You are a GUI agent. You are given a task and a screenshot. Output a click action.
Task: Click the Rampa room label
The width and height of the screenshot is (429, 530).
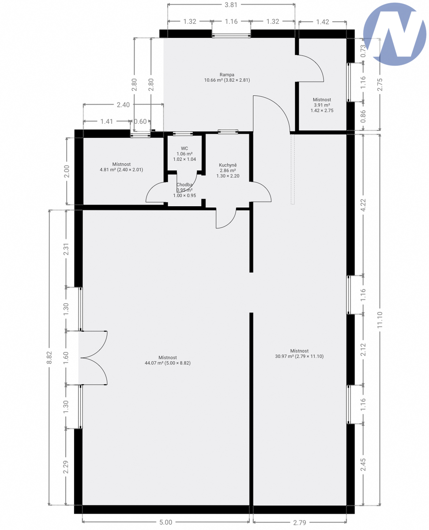click(x=227, y=75)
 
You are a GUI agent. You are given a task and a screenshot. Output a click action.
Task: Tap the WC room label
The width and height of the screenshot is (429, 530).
click(x=184, y=148)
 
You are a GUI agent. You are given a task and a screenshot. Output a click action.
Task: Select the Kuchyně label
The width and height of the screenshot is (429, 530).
click(x=228, y=165)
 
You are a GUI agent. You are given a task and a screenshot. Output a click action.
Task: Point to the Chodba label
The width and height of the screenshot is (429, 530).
click(x=184, y=185)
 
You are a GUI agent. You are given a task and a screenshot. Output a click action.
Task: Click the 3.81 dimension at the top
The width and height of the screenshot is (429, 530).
click(x=231, y=5)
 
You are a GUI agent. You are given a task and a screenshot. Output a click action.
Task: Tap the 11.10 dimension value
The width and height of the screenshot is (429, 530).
click(x=380, y=320)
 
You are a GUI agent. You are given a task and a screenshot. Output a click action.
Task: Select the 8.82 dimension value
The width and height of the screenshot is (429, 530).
click(x=49, y=358)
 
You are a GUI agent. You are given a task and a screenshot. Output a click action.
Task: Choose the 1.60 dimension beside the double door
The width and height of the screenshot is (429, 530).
click(x=66, y=358)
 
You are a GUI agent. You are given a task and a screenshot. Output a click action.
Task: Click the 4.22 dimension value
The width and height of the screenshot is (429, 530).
click(x=363, y=205)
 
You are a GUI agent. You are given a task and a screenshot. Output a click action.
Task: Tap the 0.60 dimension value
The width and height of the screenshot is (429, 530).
click(x=140, y=121)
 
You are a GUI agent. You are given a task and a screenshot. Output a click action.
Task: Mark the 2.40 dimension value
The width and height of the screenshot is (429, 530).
click(x=123, y=105)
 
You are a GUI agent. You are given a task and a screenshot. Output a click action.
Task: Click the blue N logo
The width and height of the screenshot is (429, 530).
click(x=395, y=34)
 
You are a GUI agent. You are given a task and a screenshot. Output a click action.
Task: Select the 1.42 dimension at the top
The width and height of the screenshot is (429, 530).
click(x=323, y=22)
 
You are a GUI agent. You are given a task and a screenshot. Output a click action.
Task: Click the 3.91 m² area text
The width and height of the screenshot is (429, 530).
click(x=322, y=105)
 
